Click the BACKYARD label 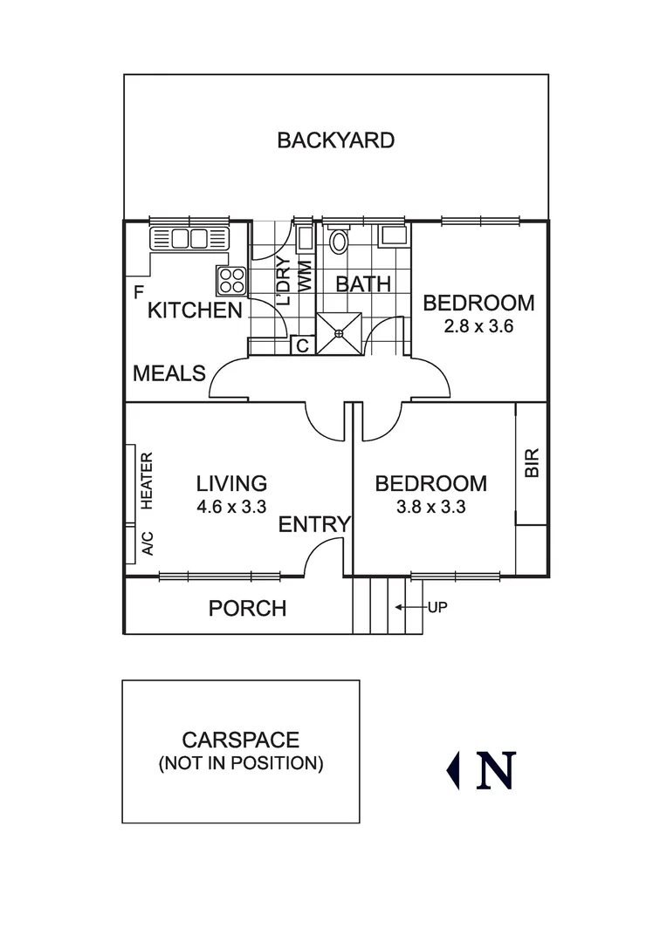[x=335, y=140]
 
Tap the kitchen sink [x=189, y=238]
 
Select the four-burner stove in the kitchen [x=232, y=280]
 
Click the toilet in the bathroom [x=339, y=241]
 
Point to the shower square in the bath [x=339, y=333]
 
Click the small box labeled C [x=301, y=346]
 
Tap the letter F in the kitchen [x=137, y=292]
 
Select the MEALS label [x=169, y=374]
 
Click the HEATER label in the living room [x=148, y=481]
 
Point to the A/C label [x=148, y=543]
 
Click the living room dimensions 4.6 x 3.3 [x=230, y=507]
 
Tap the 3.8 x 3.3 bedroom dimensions [x=430, y=507]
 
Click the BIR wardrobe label [x=532, y=462]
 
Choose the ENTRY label [x=314, y=525]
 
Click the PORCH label [x=247, y=609]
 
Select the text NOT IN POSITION [x=241, y=764]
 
